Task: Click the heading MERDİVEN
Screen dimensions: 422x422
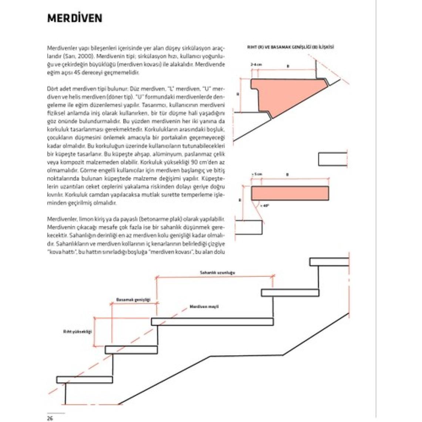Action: point(75,19)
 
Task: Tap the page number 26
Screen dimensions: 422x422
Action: point(50,418)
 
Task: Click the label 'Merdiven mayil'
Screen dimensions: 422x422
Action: point(204,307)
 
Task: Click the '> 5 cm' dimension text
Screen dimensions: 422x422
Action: point(257,174)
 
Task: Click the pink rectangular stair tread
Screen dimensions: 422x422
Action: point(290,193)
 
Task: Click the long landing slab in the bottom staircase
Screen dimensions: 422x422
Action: point(212,321)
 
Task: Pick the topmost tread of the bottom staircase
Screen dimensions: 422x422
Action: point(329,262)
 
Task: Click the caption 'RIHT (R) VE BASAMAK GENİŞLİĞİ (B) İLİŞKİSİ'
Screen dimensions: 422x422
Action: point(291,47)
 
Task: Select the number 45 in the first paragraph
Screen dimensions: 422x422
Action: point(78,73)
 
